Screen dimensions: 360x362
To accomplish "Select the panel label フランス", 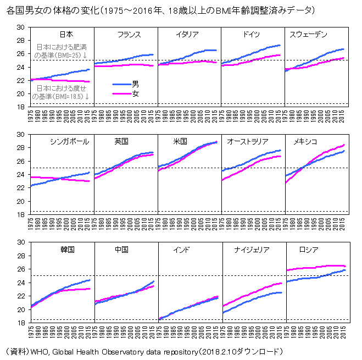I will coord(129,35).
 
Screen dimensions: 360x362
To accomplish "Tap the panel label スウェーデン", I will coord(308,35).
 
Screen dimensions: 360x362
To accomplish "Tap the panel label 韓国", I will coord(68,249).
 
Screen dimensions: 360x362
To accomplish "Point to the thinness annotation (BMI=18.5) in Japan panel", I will coord(61,92).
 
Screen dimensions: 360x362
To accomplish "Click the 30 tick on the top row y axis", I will coord(20,27).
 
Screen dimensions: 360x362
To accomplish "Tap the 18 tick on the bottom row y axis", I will coord(20,323).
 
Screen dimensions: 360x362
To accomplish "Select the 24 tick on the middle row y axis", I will coord(20,175).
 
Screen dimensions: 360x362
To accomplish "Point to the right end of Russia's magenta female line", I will coord(344,266).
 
